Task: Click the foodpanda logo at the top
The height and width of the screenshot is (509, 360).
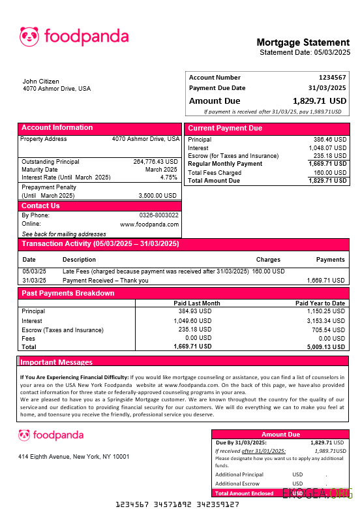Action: click(74, 37)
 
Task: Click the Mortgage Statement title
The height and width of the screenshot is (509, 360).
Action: click(303, 43)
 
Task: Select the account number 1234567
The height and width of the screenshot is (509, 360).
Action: click(332, 78)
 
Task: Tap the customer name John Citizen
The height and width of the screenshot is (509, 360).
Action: click(40, 82)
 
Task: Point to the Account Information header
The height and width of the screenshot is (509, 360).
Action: click(57, 128)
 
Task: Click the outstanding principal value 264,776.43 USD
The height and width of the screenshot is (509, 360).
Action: click(155, 161)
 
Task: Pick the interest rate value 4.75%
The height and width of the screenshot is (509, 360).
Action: click(168, 177)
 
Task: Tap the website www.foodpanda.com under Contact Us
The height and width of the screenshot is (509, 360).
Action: click(149, 224)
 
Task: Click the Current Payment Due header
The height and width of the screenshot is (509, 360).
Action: click(225, 129)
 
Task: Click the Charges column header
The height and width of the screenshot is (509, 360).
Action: click(268, 260)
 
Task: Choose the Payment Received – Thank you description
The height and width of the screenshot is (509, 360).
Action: click(106, 281)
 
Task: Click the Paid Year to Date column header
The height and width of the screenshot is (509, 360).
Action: click(320, 303)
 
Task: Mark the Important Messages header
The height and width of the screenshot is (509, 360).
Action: click(57, 362)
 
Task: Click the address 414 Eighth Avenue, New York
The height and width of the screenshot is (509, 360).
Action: click(73, 457)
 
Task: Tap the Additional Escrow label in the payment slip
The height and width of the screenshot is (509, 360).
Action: click(237, 484)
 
